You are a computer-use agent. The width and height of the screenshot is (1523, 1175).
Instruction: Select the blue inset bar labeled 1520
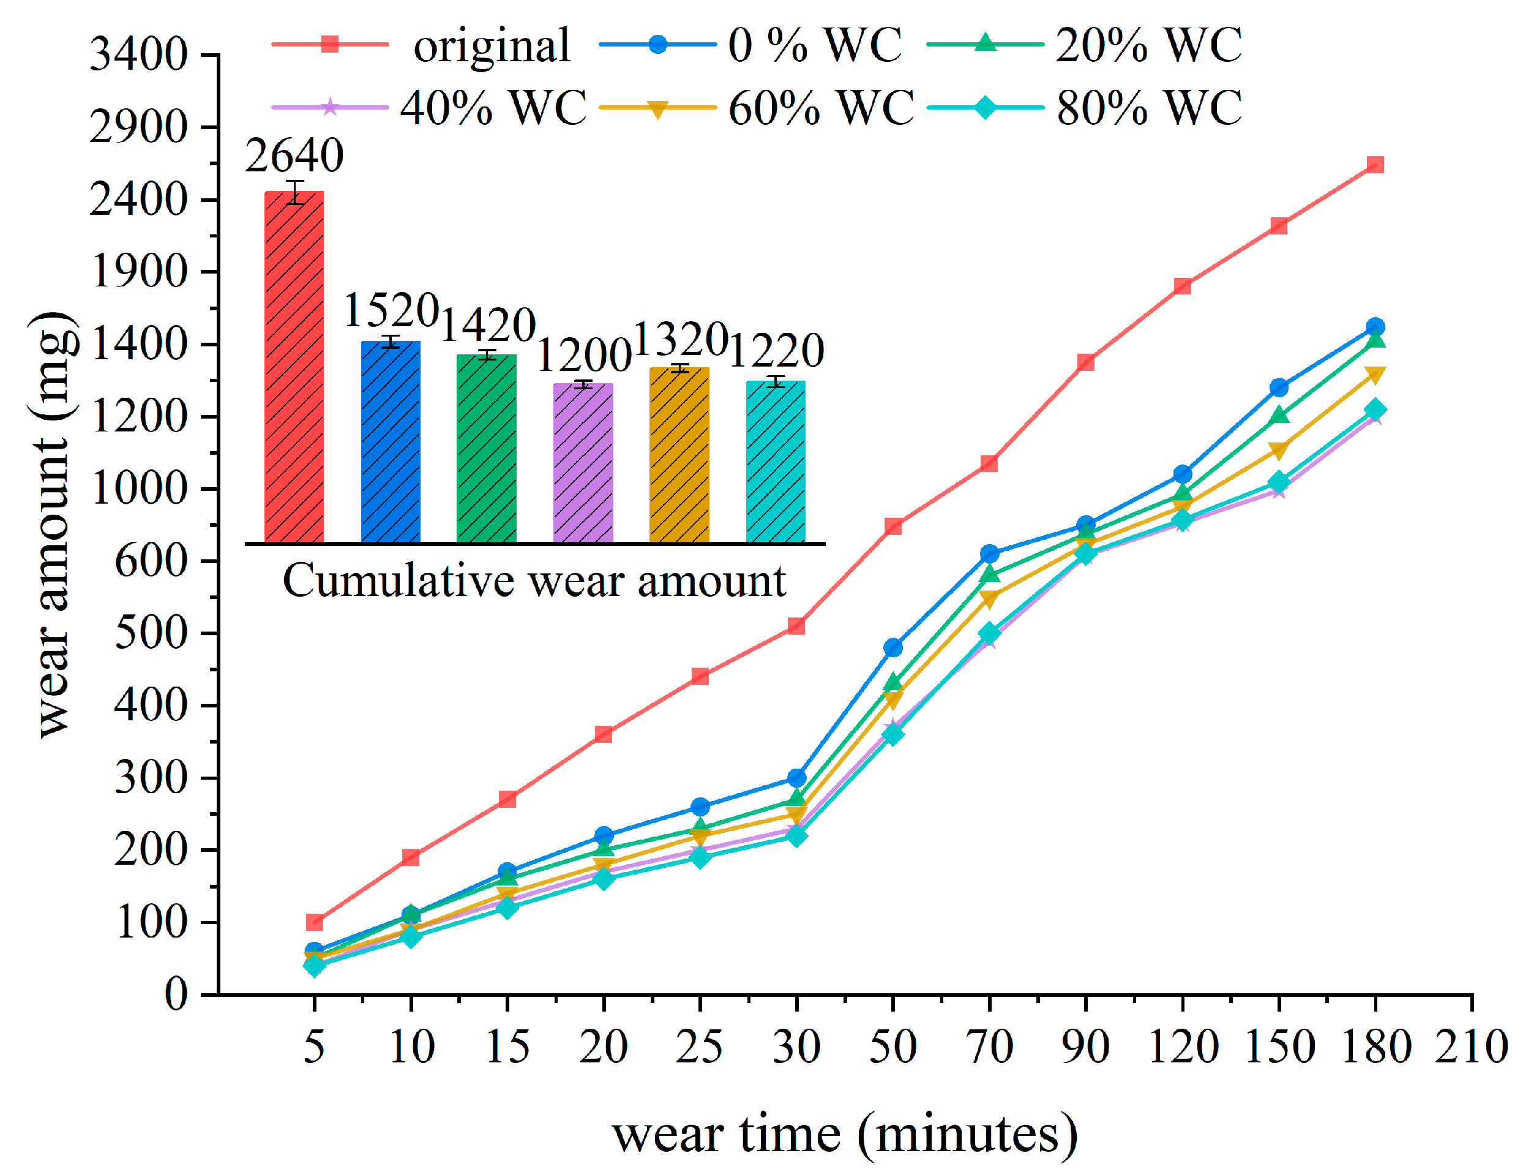click(x=391, y=444)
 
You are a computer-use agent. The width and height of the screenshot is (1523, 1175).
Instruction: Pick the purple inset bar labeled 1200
click(x=583, y=464)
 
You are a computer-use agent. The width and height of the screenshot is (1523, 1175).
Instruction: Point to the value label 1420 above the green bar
click(x=487, y=325)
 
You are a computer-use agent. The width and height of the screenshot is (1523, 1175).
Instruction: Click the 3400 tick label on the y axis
click(x=139, y=54)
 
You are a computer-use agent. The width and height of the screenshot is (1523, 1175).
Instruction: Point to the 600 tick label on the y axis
click(x=151, y=561)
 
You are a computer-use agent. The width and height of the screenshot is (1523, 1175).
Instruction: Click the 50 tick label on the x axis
click(x=892, y=1047)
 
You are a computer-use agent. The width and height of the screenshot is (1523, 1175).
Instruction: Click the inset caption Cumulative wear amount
click(x=534, y=581)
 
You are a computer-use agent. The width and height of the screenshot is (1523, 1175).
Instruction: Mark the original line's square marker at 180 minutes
click(x=1375, y=165)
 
